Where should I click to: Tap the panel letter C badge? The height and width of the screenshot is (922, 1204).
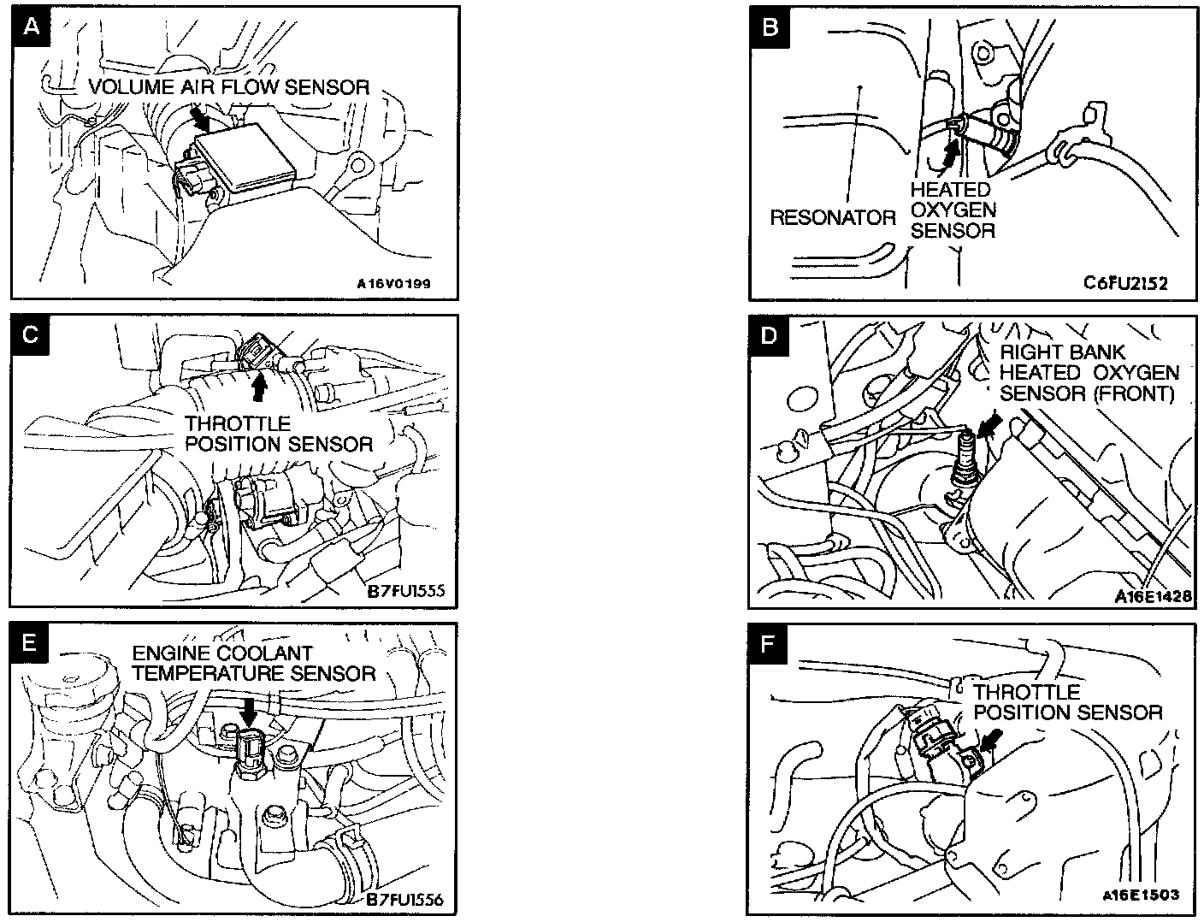tap(31, 334)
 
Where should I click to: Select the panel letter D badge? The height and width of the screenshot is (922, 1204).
tap(770, 334)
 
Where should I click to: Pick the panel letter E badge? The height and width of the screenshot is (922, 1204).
tap(31, 643)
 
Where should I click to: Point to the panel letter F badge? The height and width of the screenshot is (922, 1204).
tap(768, 642)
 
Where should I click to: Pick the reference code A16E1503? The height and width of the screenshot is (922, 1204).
tap(1140, 895)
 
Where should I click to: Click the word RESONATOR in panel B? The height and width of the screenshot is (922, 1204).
tap(832, 217)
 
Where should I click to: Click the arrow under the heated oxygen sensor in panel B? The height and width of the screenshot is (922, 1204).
tap(947, 156)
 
